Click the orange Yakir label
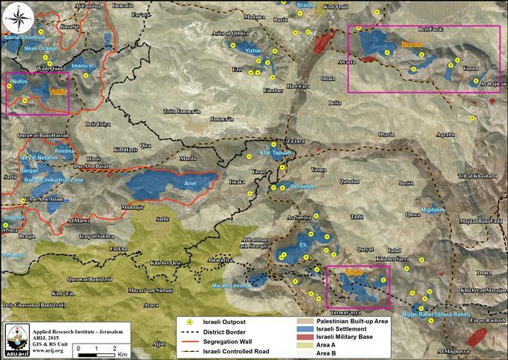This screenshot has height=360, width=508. tap(58, 91)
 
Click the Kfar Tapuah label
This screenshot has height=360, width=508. tap(274, 151)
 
